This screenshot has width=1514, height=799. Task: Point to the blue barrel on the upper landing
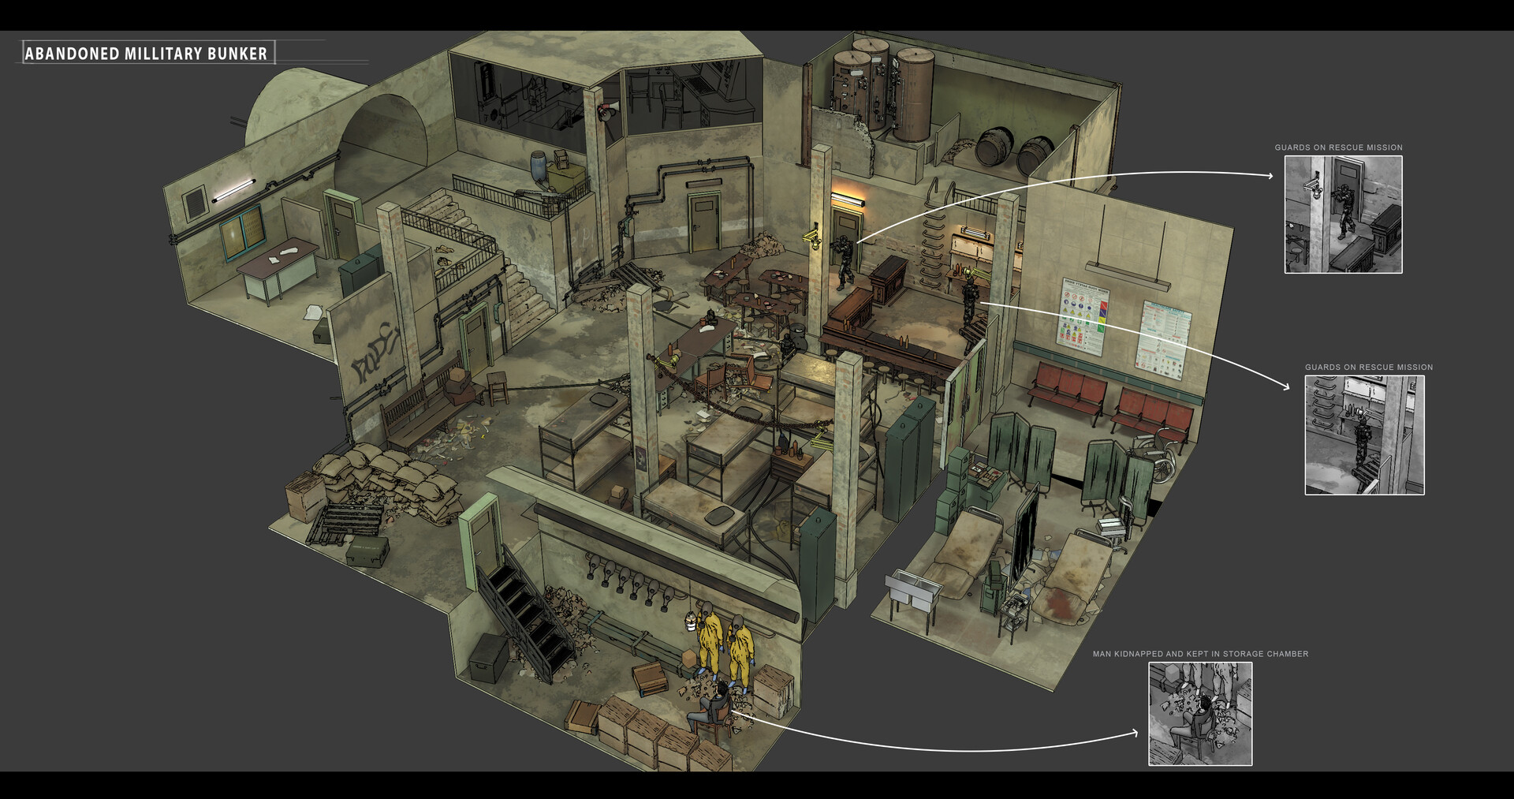click(539, 166)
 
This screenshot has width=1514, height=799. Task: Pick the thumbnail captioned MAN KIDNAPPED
click(1199, 714)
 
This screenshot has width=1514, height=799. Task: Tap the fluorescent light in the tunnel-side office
click(233, 190)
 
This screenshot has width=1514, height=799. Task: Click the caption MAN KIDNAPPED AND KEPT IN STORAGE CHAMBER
click(1199, 654)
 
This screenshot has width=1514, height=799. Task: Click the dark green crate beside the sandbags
click(367, 550)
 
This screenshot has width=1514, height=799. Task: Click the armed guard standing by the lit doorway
click(845, 260)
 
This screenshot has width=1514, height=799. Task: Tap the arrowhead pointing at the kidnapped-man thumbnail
click(1135, 733)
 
